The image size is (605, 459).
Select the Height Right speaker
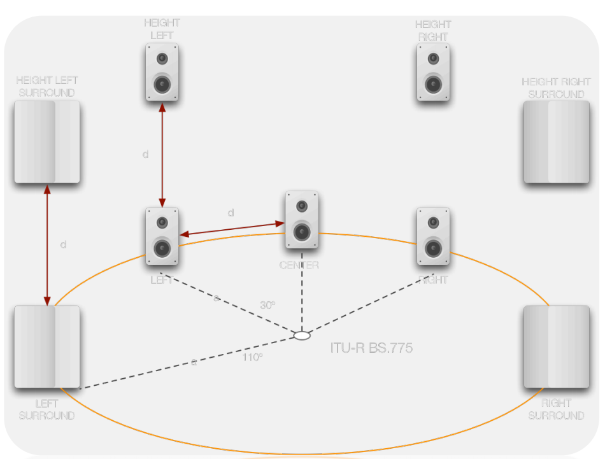[433, 73]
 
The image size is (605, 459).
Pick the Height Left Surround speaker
[47, 141]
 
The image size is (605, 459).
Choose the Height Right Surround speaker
[556, 142]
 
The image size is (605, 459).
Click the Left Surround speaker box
[47, 347]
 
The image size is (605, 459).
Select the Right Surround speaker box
[556, 347]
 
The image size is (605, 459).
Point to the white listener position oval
[301, 335]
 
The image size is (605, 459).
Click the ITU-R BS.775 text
[371, 348]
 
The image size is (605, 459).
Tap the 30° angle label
[267, 305]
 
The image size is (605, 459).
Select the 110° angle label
[252, 357]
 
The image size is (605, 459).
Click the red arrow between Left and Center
[232, 229]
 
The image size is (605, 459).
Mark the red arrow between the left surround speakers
[47, 244]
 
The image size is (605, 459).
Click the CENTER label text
[299, 265]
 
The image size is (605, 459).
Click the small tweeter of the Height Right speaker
[433, 59]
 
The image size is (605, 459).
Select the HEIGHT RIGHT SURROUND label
[556, 88]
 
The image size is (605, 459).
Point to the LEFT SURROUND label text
[46, 409]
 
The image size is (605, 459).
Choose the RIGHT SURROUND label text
[556, 409]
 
